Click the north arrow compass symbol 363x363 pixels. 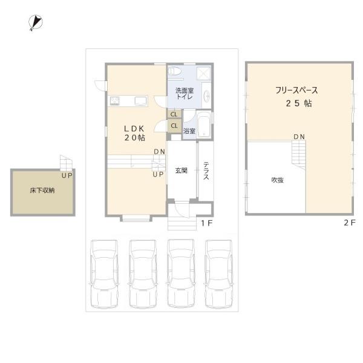click(34, 22)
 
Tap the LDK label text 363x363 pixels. click(134, 128)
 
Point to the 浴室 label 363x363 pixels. click(189, 131)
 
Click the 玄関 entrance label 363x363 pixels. click(181, 171)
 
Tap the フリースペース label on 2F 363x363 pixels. click(296, 90)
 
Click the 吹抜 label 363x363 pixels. click(277, 180)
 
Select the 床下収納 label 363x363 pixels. click(42, 190)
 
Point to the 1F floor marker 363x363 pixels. click(206, 223)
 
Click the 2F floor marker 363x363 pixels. click(348, 223)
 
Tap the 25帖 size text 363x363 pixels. click(299, 103)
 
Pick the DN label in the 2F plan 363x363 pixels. click(299, 137)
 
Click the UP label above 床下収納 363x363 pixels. click(67, 175)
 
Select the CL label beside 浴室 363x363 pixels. click(174, 126)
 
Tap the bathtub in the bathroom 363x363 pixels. click(204, 125)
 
